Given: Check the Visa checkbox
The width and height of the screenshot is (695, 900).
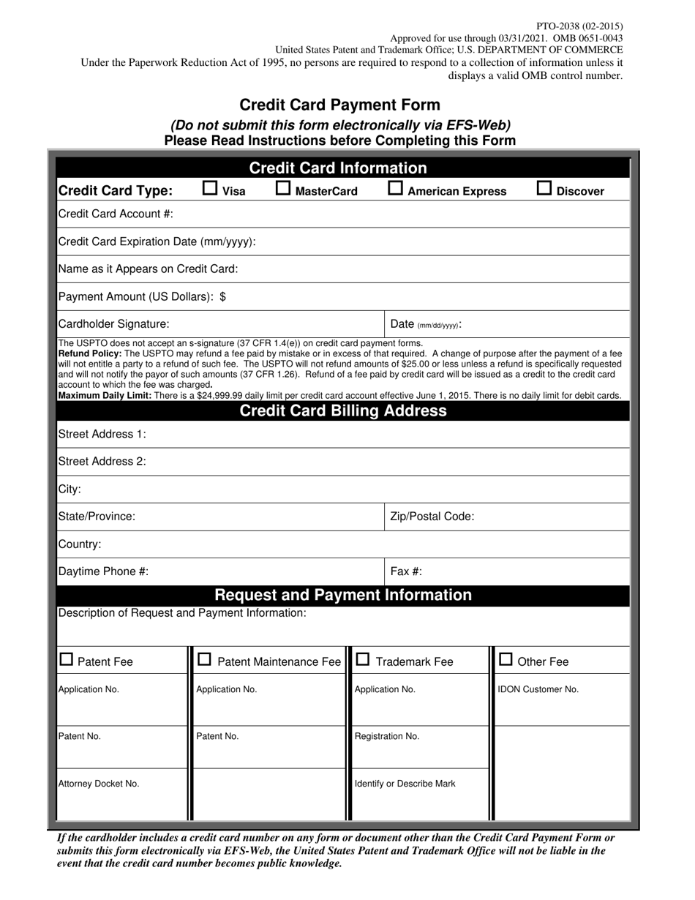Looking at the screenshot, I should coord(210,189).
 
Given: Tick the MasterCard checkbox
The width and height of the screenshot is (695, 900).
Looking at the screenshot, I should coord(282,189).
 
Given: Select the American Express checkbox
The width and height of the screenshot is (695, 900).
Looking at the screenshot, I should coord(395,189).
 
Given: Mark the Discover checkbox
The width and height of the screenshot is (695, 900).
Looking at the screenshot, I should coord(544,189).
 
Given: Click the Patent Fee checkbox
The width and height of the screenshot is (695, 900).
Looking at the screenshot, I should coord(66,660).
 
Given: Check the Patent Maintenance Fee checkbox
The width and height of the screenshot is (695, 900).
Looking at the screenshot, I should coord(205,660).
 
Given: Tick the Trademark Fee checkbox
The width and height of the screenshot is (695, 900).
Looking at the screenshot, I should coord(362,660).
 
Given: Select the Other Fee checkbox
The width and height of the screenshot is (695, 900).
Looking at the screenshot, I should coord(506,660).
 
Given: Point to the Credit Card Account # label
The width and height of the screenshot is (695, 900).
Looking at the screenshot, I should coord(115,214).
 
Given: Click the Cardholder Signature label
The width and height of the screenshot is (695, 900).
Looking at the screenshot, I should coord(113,323).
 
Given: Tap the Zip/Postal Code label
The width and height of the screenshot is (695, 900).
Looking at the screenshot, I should coord(432,517).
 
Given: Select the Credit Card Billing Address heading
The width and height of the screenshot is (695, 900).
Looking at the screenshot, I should coord(343,410).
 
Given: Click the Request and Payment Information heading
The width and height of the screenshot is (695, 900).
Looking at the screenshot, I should coord(343,595).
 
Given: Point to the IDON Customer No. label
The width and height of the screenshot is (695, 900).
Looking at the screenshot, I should coord(538,689).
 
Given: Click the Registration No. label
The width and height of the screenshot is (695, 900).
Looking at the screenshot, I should coord(387,736).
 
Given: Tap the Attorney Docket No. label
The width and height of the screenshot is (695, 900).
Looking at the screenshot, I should coord(99,784).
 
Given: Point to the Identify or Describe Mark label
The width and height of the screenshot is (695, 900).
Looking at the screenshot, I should coord(405,784).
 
